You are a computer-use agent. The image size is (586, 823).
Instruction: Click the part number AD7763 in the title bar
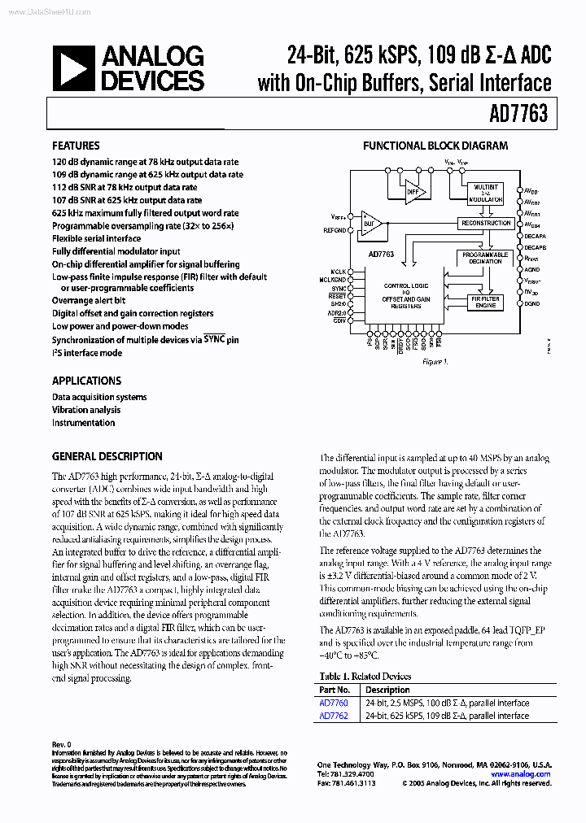pos(519,115)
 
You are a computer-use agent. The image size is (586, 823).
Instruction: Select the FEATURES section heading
pos(76,146)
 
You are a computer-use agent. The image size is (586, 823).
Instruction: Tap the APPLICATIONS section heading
pos(86,381)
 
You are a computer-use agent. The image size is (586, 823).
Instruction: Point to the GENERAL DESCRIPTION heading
pos(107,456)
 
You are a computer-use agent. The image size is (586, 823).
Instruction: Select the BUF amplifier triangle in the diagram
pos(371,222)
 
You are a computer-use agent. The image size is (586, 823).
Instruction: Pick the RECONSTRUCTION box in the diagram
pos(486,223)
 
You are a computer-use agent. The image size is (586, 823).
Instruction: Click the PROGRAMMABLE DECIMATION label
pos(485,258)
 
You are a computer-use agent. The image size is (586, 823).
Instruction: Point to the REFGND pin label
pos(334,230)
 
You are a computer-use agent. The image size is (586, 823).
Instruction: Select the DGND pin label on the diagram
pos(531,303)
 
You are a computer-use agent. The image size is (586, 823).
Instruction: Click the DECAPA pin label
pos(534,234)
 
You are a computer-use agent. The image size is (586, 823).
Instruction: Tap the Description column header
pos(387,690)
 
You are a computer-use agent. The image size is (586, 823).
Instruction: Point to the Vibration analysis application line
pos(86,410)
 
